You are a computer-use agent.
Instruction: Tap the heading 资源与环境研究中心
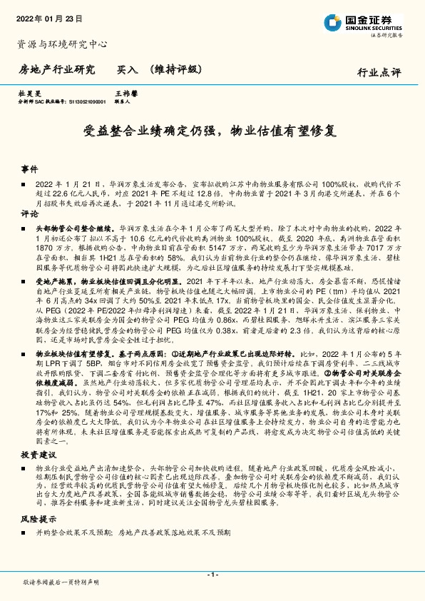[61, 44]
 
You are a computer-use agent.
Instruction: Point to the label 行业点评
[379, 72]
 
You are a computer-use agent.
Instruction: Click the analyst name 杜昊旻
[29, 94]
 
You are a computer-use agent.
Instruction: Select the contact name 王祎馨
[126, 94]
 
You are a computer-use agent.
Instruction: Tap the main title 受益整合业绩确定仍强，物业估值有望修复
[212, 131]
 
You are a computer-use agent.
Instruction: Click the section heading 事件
[29, 169]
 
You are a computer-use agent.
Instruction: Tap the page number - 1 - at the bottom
[212, 574]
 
